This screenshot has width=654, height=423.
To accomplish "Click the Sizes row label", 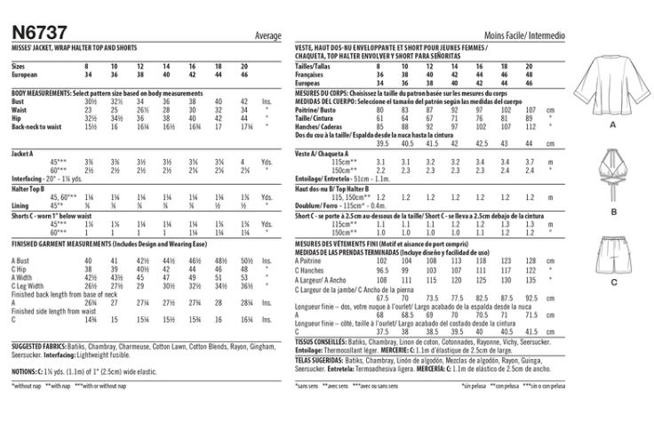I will tap(19, 68).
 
